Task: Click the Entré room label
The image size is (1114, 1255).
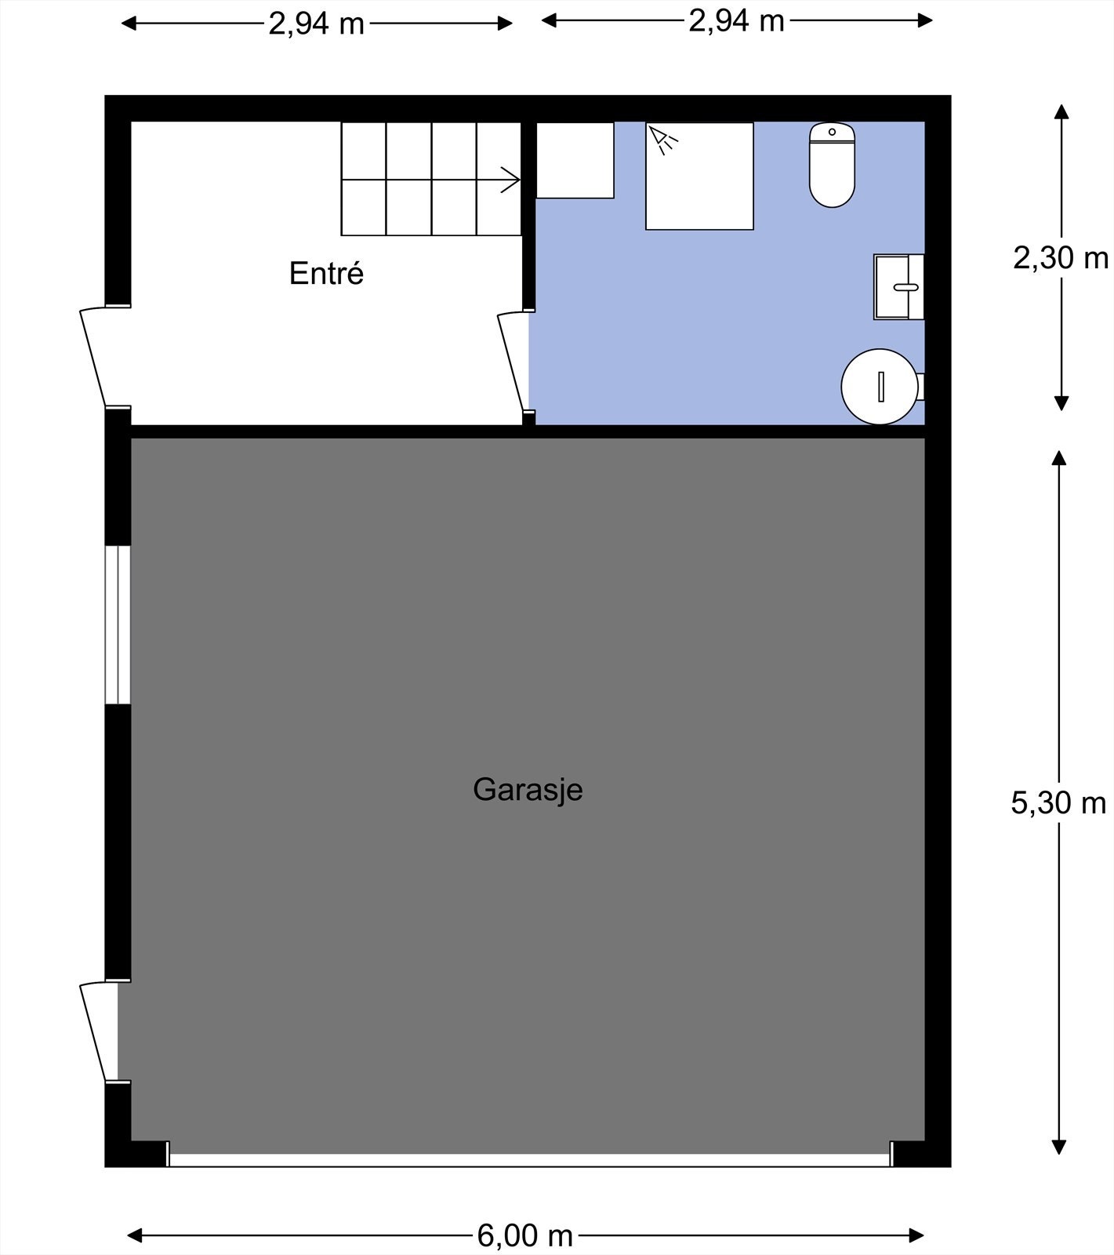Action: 326,273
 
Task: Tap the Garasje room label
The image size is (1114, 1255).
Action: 528,789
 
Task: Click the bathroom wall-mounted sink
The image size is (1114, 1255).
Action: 898,287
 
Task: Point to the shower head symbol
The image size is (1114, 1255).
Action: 662,139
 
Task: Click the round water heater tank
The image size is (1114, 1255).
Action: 880,387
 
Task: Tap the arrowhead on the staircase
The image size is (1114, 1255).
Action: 511,180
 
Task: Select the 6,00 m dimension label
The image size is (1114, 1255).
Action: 524,1235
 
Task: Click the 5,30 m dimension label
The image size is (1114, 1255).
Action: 1058,802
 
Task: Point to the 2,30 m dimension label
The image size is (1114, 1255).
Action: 1060,257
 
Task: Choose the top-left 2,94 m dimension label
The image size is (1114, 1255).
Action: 316,24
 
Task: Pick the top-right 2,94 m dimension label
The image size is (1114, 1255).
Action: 736,20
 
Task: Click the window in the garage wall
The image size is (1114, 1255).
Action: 118,625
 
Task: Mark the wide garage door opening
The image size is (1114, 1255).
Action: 530,1159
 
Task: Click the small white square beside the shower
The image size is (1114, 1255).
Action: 575,160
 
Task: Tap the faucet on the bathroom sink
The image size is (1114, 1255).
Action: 906,287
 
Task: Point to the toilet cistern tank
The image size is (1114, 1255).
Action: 832,132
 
